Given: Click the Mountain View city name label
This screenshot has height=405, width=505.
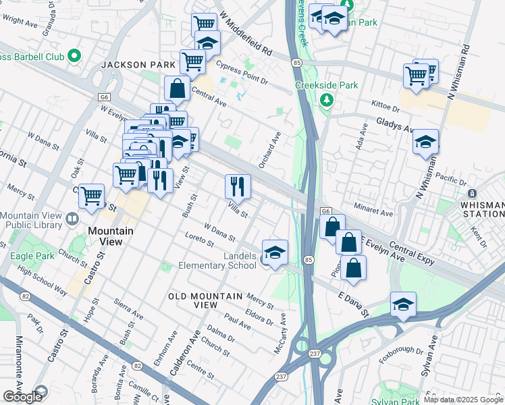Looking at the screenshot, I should (x=111, y=231).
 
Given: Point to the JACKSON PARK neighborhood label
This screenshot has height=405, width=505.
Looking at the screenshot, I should (x=131, y=65).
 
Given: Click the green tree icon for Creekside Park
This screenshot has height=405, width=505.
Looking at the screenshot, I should (x=327, y=101).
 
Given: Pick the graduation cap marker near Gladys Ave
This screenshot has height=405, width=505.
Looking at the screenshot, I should (x=425, y=142).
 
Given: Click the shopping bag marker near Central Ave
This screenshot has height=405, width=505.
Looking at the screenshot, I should (x=177, y=88).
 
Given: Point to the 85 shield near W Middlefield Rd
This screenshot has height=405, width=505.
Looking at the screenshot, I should (x=297, y=63).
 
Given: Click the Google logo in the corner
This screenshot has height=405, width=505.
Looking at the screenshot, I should (x=22, y=396).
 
